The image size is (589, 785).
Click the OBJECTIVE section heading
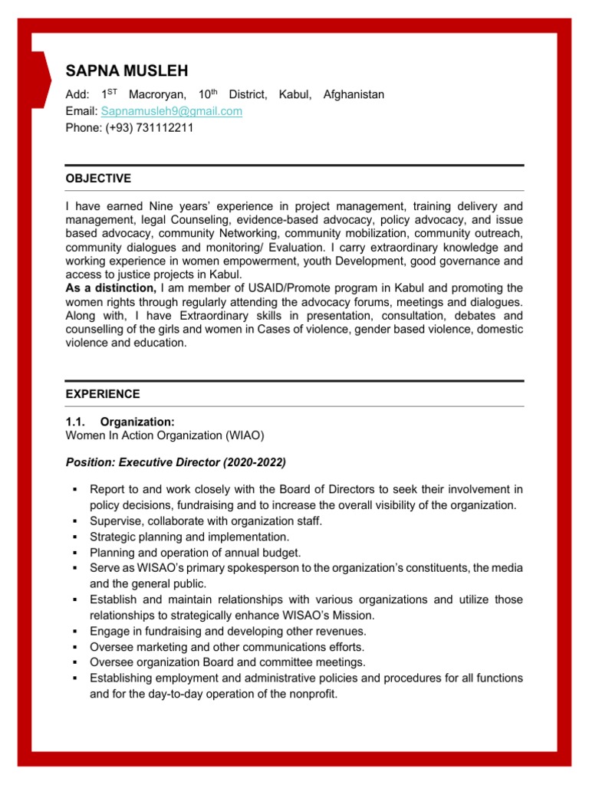click(x=98, y=179)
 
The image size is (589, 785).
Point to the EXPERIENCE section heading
click(x=103, y=394)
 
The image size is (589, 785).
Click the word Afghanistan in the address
click(x=354, y=94)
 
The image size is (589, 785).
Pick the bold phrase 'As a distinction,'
click(x=111, y=288)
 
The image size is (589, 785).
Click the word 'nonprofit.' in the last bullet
click(x=309, y=695)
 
